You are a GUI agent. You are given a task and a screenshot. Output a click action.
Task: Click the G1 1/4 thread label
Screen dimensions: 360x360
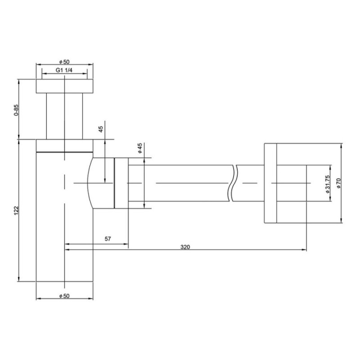[x=64, y=70]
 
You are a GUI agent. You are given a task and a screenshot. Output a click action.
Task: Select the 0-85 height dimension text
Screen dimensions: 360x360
[x=16, y=110]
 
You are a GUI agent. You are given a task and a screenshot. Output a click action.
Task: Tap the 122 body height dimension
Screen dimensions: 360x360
[x=16, y=211]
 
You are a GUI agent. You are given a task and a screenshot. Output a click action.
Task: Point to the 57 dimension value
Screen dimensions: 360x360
[x=108, y=239]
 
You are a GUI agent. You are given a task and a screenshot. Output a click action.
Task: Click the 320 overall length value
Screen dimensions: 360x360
[x=185, y=247]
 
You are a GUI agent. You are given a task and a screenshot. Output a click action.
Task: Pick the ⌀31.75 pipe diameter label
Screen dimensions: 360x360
[x=328, y=184]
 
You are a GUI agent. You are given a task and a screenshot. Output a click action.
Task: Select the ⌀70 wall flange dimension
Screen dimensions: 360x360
[x=339, y=183]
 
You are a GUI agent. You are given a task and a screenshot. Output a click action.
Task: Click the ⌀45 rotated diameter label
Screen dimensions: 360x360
[x=140, y=148]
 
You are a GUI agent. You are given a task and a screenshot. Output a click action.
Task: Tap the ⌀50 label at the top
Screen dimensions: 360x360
[x=64, y=62]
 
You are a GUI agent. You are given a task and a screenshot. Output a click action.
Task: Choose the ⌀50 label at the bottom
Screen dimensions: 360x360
[x=64, y=296]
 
